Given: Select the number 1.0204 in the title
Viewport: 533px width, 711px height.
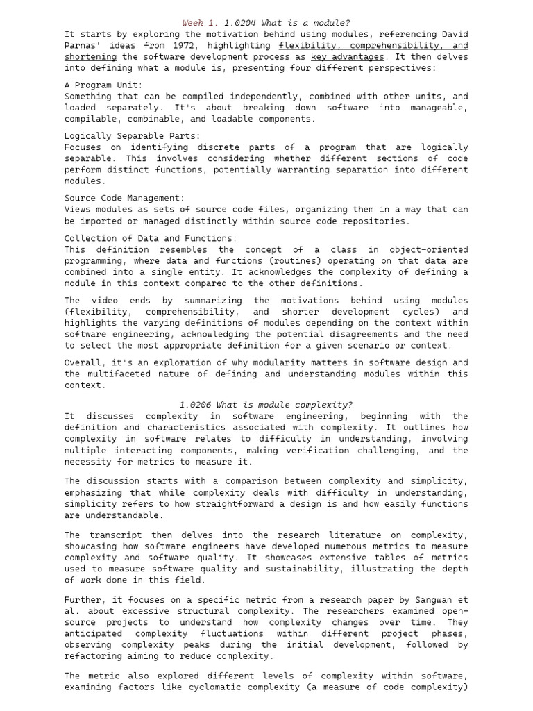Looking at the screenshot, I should coord(240,23).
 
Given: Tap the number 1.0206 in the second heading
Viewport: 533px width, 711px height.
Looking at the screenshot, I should coord(195,405).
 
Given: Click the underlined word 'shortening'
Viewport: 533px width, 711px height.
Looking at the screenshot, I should coord(90,56).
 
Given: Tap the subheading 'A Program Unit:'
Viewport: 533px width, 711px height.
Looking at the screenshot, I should coord(103,85).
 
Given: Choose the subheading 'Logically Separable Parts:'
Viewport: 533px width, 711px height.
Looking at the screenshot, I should coord(132,136).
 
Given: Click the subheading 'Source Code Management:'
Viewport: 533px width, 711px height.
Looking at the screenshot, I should coord(125,198).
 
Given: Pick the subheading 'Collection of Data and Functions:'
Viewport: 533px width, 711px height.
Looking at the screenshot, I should coord(151,238).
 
